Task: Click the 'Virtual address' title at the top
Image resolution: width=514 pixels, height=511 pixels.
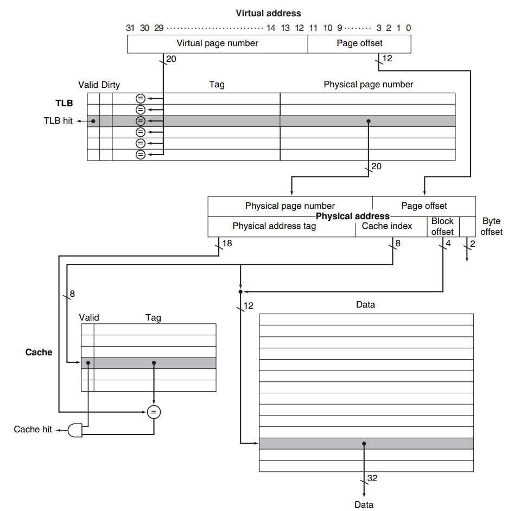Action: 268,13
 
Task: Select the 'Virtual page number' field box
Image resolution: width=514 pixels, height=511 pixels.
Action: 217,43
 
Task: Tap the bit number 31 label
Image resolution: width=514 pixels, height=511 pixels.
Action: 130,28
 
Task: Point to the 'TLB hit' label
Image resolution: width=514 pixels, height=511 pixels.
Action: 58,121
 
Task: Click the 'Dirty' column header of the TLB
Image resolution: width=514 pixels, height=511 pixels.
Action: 111,85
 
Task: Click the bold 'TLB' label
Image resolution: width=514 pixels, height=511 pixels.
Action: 64,103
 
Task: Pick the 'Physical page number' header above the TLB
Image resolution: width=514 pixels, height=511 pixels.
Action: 368,85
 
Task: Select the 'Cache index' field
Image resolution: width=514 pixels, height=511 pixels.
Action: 387,226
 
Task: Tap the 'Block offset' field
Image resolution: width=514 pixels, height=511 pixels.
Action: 442,227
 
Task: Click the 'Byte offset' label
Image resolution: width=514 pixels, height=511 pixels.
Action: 491,227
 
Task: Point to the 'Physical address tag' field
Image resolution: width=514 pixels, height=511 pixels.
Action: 274,226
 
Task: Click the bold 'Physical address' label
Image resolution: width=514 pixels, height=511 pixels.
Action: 353,216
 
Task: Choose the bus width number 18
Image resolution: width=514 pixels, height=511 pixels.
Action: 227,244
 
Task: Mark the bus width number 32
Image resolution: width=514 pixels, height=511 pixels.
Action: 372,478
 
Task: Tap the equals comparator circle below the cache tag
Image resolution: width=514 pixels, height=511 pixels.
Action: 154,412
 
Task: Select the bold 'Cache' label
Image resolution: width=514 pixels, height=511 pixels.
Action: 39,352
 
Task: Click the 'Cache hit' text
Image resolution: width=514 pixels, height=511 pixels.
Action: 33,430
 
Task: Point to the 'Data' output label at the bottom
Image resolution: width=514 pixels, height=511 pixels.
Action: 364,504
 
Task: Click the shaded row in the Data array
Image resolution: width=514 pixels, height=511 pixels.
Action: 366,443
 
